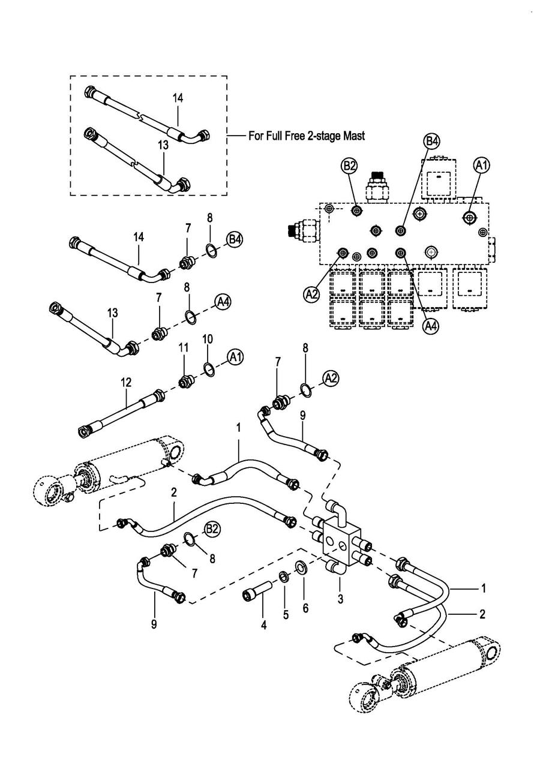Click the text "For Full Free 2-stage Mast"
(306, 136)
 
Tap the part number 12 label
(127, 381)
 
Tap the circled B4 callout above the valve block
(432, 142)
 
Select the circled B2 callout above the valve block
(350, 166)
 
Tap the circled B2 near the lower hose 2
(212, 529)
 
